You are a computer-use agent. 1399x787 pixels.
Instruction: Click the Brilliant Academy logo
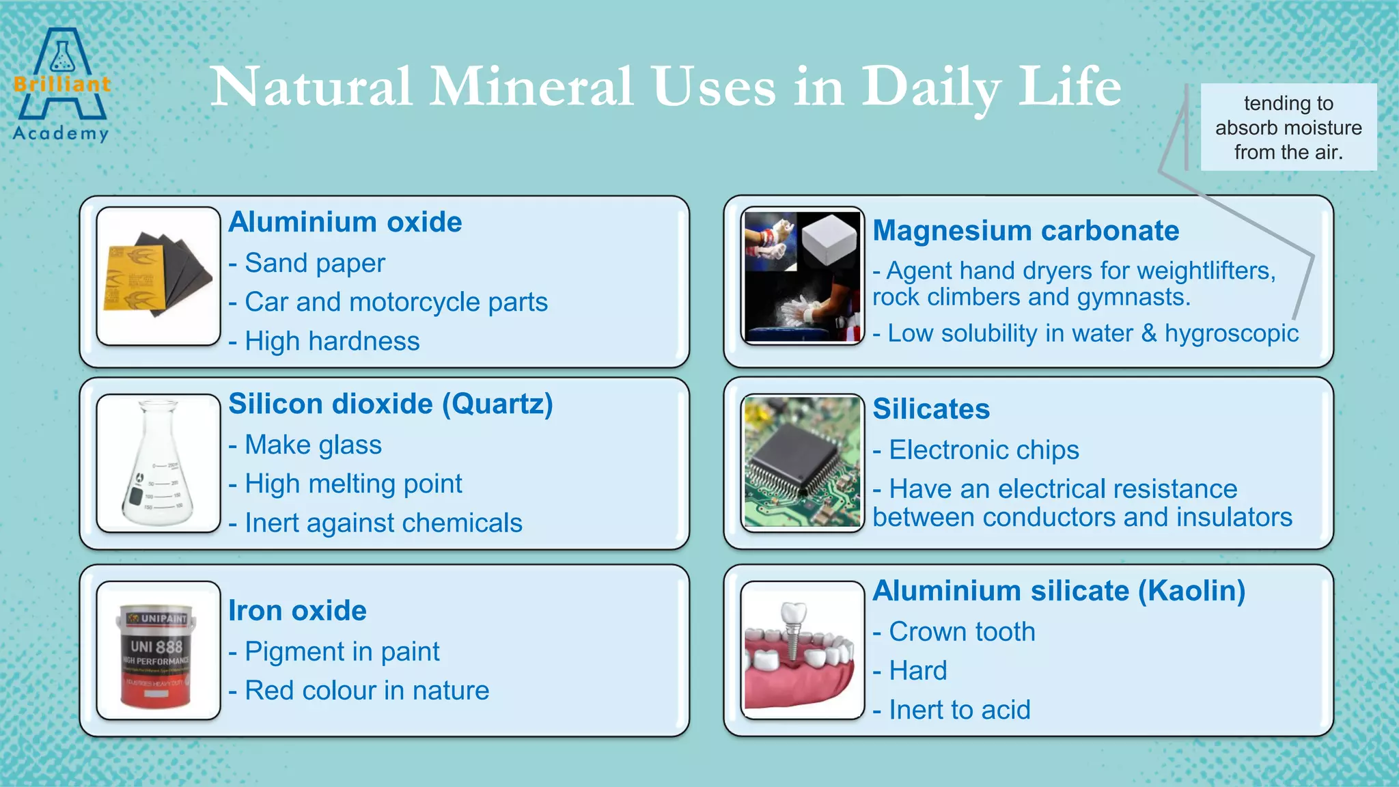point(61,85)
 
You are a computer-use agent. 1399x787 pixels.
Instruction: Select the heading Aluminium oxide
point(345,222)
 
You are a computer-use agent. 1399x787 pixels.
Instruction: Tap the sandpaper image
point(158,276)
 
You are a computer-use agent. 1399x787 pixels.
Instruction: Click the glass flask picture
point(158,464)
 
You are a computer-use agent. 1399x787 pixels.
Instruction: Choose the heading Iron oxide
point(297,611)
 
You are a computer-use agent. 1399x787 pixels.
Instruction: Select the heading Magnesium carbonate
point(1025,231)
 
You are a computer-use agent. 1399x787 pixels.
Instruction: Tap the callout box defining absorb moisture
point(1288,128)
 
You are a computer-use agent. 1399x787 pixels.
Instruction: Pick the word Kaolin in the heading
point(1192,591)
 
